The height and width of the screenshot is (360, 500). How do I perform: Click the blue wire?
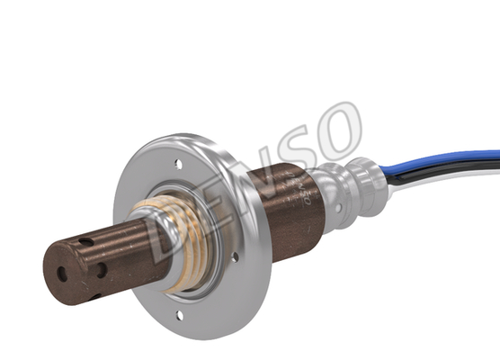[440, 161]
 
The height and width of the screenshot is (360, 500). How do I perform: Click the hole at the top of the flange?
[179, 164]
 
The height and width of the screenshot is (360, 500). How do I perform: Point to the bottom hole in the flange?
[180, 316]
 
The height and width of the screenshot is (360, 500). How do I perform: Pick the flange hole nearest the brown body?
[236, 256]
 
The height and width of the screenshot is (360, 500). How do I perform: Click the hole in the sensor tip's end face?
[62, 274]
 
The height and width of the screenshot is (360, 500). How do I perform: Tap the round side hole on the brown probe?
[102, 270]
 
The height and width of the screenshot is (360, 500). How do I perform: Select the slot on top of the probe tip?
[86, 243]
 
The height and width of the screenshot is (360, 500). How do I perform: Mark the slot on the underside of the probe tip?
[95, 297]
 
